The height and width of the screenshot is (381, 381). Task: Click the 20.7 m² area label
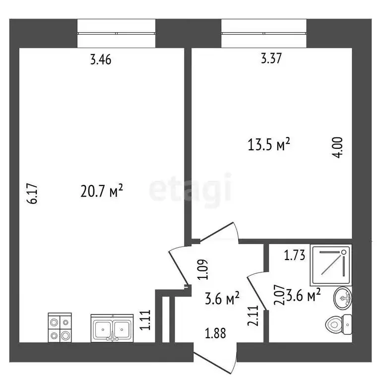101,190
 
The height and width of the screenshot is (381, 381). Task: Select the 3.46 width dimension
101,61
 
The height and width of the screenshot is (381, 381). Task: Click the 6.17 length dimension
33,194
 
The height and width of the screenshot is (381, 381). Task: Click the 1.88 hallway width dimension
215,333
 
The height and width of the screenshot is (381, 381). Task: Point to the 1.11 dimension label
145,321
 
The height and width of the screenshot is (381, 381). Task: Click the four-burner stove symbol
60,327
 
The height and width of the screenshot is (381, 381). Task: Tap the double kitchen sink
112,328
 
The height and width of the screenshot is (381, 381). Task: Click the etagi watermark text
190,189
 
